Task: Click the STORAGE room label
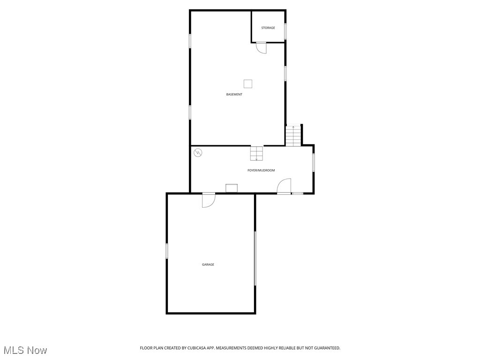pos(268,28)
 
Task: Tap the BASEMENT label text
pos(234,95)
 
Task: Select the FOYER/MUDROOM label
pos(261,170)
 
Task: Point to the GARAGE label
pos(208,265)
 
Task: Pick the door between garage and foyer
pos(208,200)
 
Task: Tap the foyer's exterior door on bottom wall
pos(284,186)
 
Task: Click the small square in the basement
pos(248,84)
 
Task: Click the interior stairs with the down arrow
pos(256,153)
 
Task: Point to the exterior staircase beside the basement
pos(293,135)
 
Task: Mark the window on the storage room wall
pos(285,31)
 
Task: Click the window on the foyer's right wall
pos(314,163)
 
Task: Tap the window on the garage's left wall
pos(167,251)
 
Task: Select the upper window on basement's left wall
pos(190,41)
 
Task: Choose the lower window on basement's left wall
pos(190,112)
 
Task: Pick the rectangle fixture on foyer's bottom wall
pos(232,188)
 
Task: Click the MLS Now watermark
pos(25,350)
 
